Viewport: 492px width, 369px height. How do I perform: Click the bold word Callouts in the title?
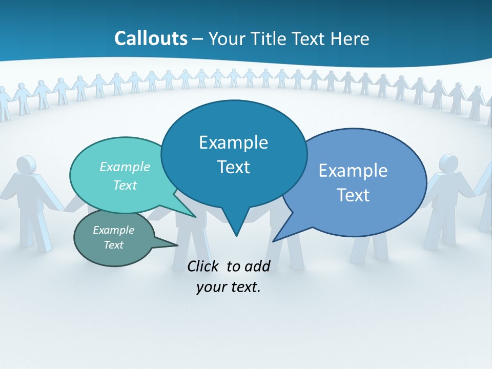click(x=151, y=38)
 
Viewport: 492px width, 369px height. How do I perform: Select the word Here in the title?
click(x=350, y=38)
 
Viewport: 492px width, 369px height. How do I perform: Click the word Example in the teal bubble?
click(x=125, y=167)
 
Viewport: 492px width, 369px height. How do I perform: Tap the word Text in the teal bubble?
click(x=125, y=185)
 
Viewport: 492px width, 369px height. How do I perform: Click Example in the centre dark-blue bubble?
click(x=233, y=142)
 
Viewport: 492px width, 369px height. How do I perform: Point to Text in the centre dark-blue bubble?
click(x=233, y=167)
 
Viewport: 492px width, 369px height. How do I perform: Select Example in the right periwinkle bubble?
click(x=353, y=170)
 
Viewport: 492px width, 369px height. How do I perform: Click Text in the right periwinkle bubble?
click(x=353, y=195)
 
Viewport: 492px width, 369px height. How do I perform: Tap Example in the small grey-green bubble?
click(x=114, y=230)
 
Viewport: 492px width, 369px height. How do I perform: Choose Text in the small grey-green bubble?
click(x=114, y=245)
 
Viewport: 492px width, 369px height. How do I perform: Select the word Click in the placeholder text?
click(x=204, y=266)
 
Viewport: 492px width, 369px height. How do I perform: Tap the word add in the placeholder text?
click(x=257, y=266)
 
